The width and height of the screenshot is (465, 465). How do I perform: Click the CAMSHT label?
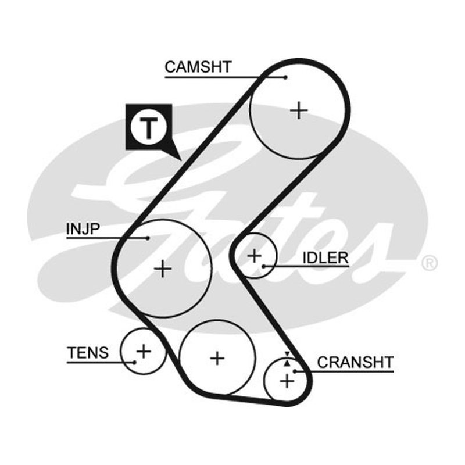point(198,67)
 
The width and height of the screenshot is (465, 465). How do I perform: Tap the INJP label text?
point(83,228)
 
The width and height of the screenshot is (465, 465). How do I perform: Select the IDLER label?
point(325,257)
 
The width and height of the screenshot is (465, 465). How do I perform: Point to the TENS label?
point(88,353)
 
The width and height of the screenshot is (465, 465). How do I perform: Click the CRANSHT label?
point(355,362)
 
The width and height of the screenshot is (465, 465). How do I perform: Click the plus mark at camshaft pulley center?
point(299,110)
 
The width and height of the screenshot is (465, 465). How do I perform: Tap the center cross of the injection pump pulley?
point(163,269)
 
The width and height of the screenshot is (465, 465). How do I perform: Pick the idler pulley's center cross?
point(254,256)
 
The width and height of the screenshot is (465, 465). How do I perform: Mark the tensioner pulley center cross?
point(144,351)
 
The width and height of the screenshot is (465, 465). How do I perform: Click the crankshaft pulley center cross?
point(287,381)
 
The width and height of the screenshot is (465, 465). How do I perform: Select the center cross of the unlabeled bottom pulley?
point(217,358)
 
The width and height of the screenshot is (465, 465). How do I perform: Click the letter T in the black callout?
point(149,128)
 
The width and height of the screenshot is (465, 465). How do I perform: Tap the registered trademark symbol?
point(429,263)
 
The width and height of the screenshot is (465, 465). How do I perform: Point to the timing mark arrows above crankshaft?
point(287,359)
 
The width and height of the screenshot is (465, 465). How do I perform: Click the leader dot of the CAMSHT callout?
point(285,77)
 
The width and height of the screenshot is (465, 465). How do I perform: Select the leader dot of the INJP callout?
point(148,238)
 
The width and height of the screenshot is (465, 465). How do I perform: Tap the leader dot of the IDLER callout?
point(263,266)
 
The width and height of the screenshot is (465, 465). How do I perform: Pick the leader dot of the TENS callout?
point(134,362)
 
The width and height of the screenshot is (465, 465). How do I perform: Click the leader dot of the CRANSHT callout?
point(295,371)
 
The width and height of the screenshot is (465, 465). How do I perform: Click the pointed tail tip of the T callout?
point(181,160)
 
